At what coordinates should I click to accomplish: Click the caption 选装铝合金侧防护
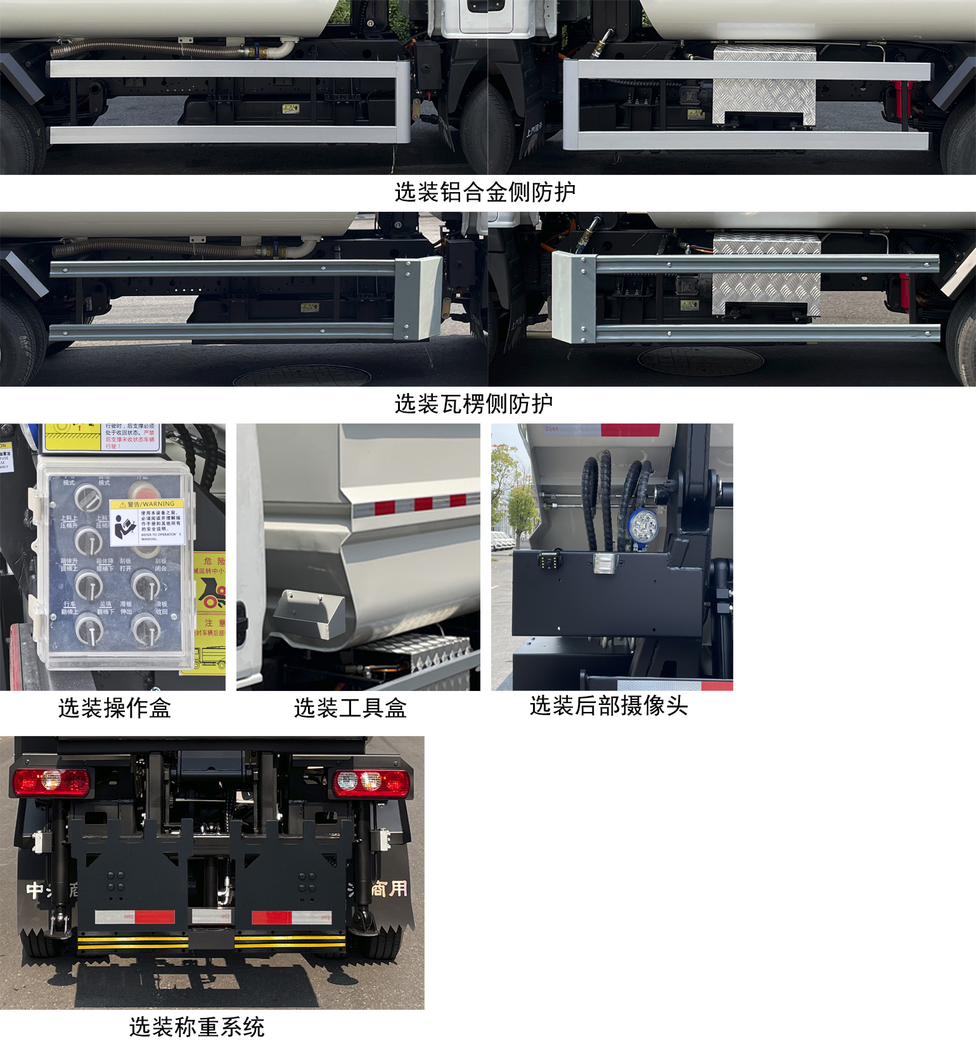(x=485, y=192)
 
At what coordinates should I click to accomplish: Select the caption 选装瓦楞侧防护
(x=473, y=404)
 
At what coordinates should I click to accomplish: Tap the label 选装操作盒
(x=115, y=708)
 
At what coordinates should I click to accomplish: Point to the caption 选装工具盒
(x=350, y=708)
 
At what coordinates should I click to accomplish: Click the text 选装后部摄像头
(x=608, y=706)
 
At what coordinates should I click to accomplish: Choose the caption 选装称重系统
(x=196, y=1026)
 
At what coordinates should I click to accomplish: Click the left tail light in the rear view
(x=51, y=782)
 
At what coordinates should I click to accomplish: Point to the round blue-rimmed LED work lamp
(x=644, y=526)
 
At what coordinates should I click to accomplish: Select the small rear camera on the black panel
(x=549, y=560)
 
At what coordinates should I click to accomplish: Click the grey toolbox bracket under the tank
(x=309, y=614)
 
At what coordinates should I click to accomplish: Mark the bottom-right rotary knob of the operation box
(x=146, y=629)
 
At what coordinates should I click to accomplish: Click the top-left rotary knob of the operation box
(x=88, y=499)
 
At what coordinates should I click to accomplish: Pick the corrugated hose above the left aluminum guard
(x=152, y=48)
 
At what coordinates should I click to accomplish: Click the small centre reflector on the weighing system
(x=211, y=916)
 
